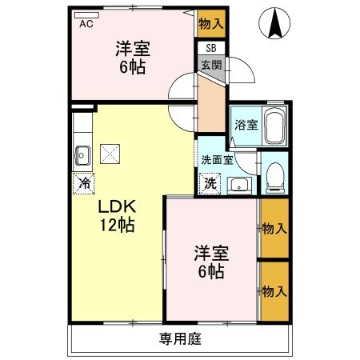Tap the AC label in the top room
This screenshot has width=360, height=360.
(86, 24)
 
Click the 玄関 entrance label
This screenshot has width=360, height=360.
(211, 65)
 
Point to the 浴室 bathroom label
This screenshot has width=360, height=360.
(246, 126)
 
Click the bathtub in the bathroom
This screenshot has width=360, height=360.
(274, 126)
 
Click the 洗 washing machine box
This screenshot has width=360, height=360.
(209, 183)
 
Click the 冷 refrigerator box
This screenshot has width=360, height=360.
(83, 183)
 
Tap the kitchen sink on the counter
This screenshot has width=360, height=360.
(82, 153)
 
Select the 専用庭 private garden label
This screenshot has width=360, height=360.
(179, 338)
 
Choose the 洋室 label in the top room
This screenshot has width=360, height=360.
(133, 49)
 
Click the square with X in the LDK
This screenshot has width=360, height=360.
(111, 152)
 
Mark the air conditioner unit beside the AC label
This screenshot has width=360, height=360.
(87, 14)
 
